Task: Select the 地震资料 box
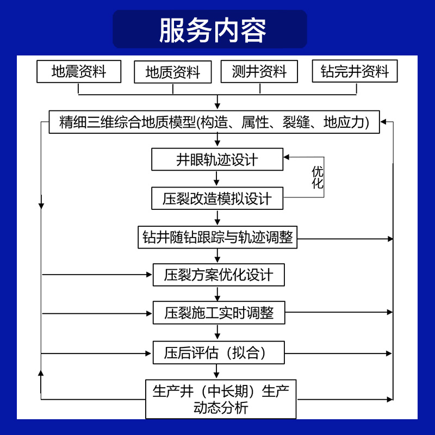[79, 71]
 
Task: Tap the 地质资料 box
[172, 72]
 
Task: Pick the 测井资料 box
[259, 71]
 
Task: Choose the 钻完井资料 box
[355, 71]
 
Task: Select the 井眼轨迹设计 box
[217, 159]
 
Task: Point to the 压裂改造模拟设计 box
[217, 198]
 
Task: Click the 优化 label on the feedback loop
[318, 178]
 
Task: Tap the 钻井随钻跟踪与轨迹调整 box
[217, 238]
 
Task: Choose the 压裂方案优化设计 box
[218, 275]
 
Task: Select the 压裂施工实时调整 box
[218, 313]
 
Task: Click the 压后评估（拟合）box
[218, 353]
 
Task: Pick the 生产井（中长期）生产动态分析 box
[221, 399]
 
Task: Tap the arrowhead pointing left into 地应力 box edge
[384, 122]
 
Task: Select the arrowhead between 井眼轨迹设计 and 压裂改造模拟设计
[217, 183]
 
